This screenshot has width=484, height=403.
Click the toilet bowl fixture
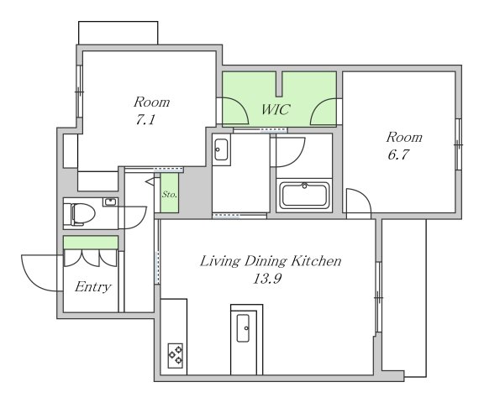pyautogui.click(x=82, y=213)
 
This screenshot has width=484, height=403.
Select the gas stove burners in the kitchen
pyautogui.click(x=176, y=355)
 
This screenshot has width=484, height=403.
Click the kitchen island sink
pyautogui.click(x=243, y=327)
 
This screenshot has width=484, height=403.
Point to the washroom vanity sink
pyautogui.click(x=221, y=149)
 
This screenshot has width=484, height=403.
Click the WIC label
pyautogui.click(x=276, y=109)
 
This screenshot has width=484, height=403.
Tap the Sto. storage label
pyautogui.click(x=170, y=195)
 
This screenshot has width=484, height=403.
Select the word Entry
pyautogui.click(x=92, y=287)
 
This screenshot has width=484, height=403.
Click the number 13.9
pyautogui.click(x=267, y=279)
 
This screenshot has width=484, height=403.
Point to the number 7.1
pyautogui.click(x=145, y=119)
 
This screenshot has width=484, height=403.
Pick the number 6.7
pyautogui.click(x=398, y=154)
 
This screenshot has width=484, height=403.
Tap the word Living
pyautogui.click(x=220, y=261)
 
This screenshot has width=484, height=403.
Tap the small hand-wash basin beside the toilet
pyautogui.click(x=109, y=202)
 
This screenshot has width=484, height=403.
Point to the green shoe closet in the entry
pyautogui.click(x=91, y=243)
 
